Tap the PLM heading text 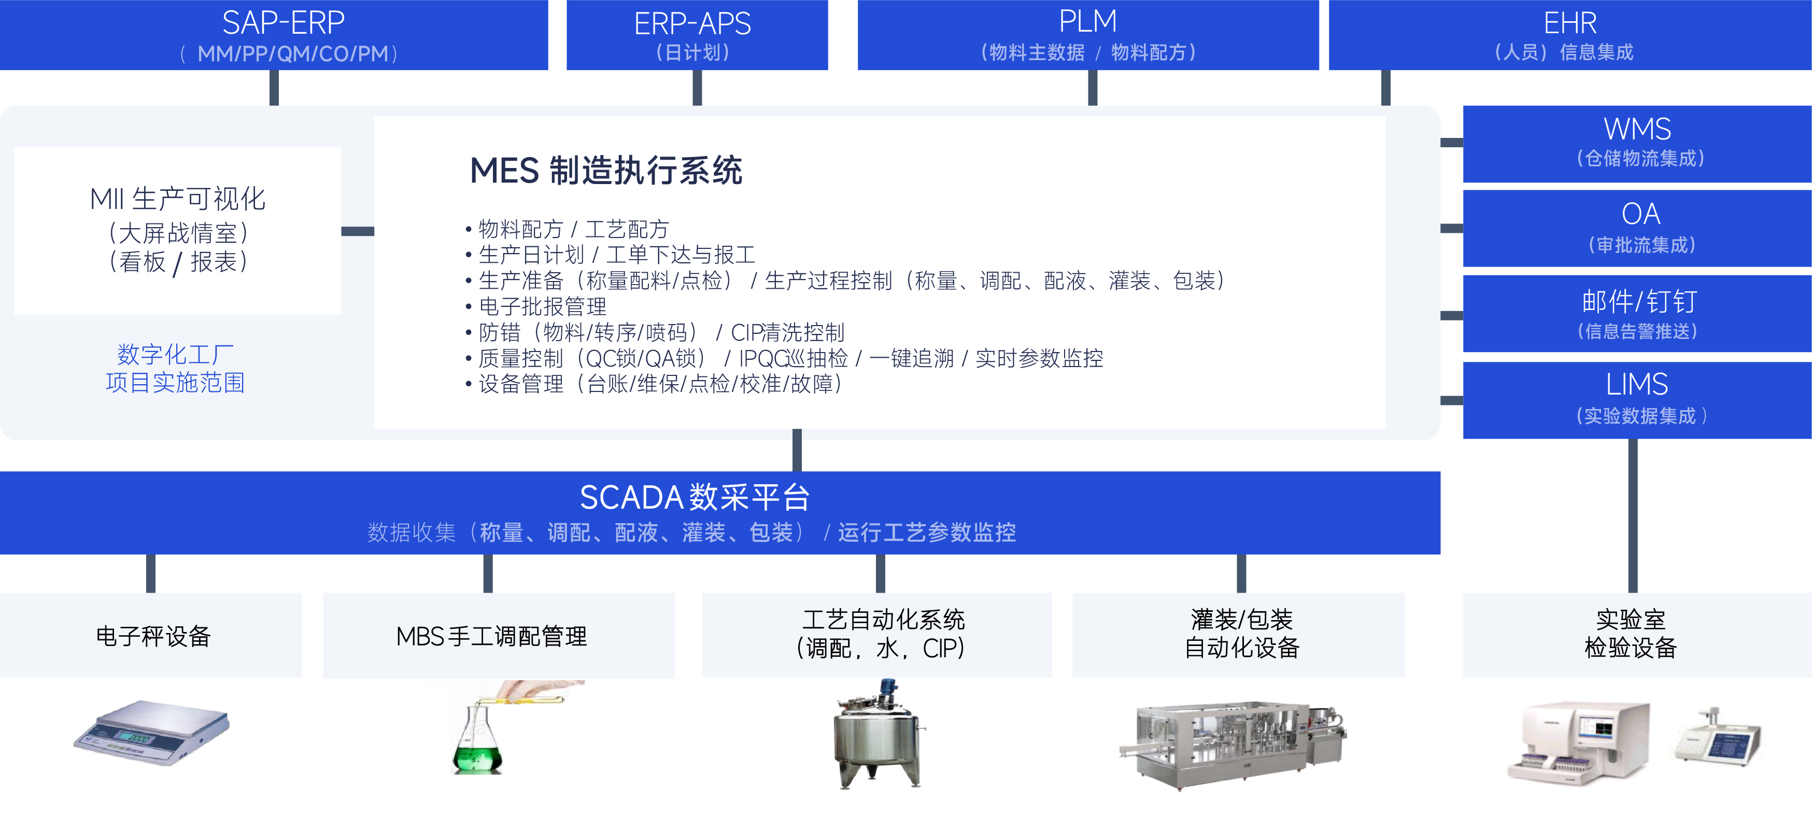click(1088, 21)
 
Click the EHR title click(1570, 23)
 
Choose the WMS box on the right click(1637, 144)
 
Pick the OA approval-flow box click(1637, 228)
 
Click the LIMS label click(1637, 384)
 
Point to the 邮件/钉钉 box click(1637, 314)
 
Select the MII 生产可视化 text click(178, 199)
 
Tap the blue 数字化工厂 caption click(175, 354)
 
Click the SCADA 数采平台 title click(695, 497)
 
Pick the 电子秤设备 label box click(150, 635)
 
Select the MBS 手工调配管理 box click(499, 635)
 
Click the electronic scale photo click(152, 732)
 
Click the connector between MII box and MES click(357, 231)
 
